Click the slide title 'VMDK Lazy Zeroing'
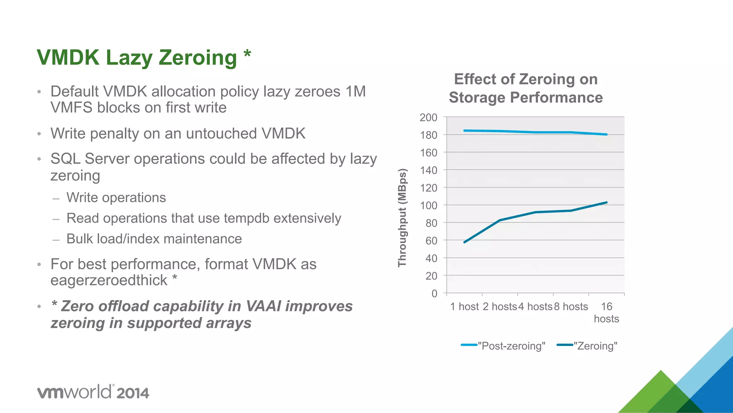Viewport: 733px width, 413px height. click(137, 57)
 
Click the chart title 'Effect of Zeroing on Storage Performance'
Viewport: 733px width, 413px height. click(525, 88)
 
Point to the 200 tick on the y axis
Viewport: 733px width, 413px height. click(428, 117)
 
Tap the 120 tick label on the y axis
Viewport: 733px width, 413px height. click(428, 188)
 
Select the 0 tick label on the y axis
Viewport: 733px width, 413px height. click(434, 294)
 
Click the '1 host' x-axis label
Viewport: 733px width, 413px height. click(464, 307)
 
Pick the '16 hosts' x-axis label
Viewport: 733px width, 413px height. click(606, 312)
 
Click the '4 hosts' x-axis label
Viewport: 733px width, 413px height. click(535, 307)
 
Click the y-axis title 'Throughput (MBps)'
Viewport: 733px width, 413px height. click(402, 218)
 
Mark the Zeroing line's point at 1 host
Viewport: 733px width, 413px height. click(465, 242)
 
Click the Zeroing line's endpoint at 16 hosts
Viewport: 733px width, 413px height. click(606, 202)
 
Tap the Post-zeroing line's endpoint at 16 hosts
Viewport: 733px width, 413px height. click(606, 135)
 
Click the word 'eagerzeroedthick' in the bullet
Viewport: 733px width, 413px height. click(109, 280)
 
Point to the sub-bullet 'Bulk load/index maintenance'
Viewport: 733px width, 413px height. click(154, 239)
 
